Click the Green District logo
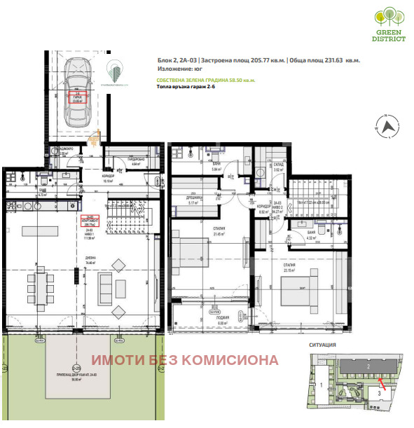tap(389, 25)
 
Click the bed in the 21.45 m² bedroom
tap(189, 250)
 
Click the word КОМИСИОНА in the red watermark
tap(241, 361)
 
